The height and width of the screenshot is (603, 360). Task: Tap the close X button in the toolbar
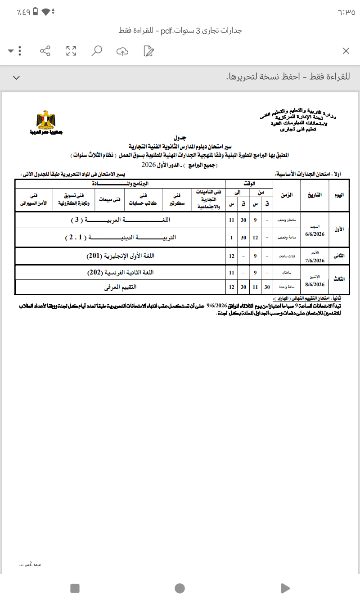click(346, 51)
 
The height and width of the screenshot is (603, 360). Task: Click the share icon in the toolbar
click(45, 51)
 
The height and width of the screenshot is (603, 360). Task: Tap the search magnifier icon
click(96, 51)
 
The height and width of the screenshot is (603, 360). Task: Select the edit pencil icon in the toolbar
click(148, 51)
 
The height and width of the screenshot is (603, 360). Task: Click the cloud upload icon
click(122, 51)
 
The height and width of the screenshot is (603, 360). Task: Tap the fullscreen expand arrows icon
click(71, 51)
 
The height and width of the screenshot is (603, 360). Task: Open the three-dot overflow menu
click(20, 51)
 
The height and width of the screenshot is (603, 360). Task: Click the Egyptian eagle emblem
click(45, 121)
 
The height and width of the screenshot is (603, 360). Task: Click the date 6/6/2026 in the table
click(315, 234)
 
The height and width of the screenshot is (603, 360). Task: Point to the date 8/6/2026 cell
click(315, 284)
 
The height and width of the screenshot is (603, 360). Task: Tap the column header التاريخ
click(315, 195)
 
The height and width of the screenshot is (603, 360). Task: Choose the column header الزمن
click(287, 195)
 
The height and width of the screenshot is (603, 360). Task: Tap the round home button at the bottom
click(180, 588)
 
